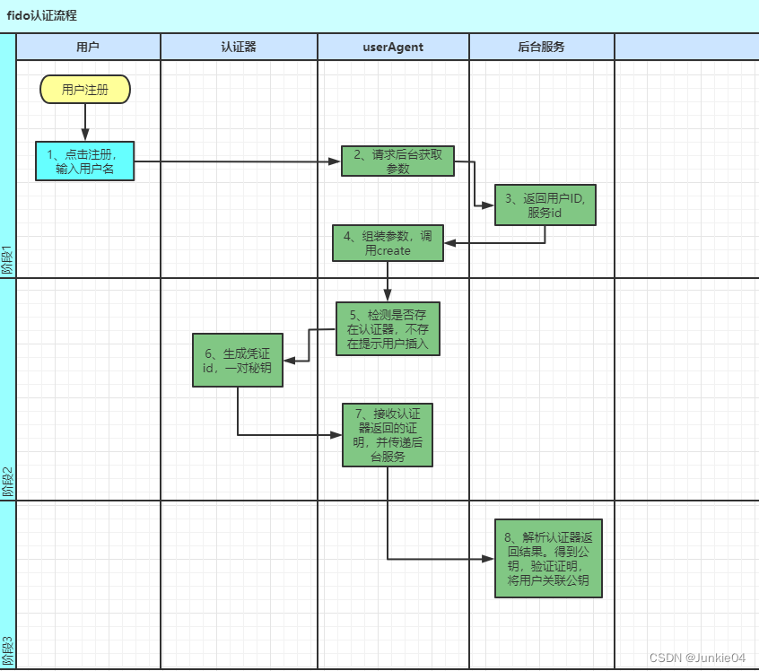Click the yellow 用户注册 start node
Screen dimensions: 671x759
tap(85, 89)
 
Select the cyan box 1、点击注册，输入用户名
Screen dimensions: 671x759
tap(85, 161)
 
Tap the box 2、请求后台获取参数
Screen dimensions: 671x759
tap(397, 161)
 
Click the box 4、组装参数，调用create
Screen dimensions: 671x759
tap(388, 243)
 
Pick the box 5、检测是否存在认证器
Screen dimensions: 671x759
tap(388, 328)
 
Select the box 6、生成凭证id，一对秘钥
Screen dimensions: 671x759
tap(238, 360)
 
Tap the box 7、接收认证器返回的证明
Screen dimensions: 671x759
tap(388, 435)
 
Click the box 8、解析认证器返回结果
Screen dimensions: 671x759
tap(548, 558)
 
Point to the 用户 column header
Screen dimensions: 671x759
tap(88, 47)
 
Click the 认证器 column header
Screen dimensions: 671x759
tap(239, 47)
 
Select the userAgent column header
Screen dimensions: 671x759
tap(393, 47)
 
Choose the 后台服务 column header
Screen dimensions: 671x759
tap(542, 47)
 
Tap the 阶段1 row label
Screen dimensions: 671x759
tap(8, 260)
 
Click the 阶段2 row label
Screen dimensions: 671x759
tap(8, 482)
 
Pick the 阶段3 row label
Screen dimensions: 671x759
tap(8, 650)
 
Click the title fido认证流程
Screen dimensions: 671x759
tap(42, 15)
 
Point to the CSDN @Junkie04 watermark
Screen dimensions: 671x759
tap(697, 657)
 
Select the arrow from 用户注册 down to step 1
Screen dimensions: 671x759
tap(85, 122)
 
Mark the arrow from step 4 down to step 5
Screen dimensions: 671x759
tap(388, 282)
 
